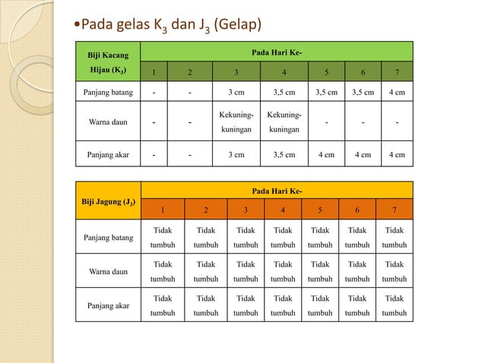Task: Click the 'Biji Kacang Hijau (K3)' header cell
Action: coord(108,63)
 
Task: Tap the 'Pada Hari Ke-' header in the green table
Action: coord(276,54)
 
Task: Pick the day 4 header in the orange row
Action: coord(282,210)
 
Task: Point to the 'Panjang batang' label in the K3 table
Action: coord(108,94)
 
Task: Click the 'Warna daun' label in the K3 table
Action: coord(108,122)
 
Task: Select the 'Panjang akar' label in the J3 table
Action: coord(108,305)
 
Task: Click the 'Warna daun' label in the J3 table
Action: coord(108,271)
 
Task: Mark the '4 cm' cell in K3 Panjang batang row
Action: coord(395,94)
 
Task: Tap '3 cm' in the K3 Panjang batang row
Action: coord(237,94)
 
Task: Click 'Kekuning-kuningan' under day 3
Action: coord(237,122)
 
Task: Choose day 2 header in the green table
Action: coord(189,74)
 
